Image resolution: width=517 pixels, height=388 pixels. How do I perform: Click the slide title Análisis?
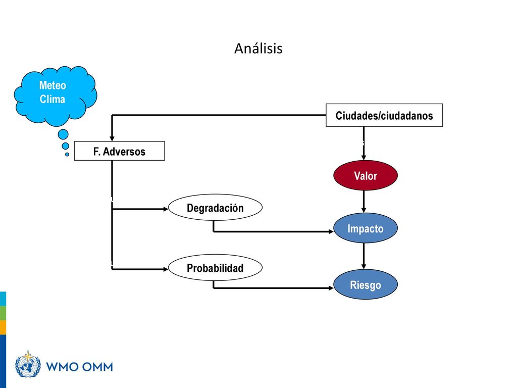pyautogui.click(x=258, y=48)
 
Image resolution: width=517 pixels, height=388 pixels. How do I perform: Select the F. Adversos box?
pyautogui.click(x=119, y=151)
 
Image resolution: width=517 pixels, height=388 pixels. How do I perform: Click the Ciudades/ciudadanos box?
pyautogui.click(x=384, y=115)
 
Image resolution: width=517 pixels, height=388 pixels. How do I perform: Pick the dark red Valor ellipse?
pyautogui.click(x=366, y=175)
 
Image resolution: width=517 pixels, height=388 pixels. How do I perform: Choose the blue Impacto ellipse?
pyautogui.click(x=366, y=228)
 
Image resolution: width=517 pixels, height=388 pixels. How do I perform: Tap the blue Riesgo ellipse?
pyautogui.click(x=366, y=284)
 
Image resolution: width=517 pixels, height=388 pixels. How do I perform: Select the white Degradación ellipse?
pyautogui.click(x=215, y=207)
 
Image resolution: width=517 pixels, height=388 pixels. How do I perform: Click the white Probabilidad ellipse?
pyautogui.click(x=215, y=267)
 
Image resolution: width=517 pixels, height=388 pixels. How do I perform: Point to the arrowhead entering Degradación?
pyautogui.click(x=166, y=209)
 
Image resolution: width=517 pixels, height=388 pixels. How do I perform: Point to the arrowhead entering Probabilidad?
pyautogui.click(x=166, y=269)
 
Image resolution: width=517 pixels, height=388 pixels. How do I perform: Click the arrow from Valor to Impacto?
pyautogui.click(x=364, y=202)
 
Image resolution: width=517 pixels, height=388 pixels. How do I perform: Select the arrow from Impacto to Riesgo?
pyautogui.click(x=364, y=256)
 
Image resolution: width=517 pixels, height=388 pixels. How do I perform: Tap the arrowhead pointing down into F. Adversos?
pyautogui.click(x=112, y=138)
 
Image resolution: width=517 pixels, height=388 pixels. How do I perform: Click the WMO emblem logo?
pyautogui.click(x=28, y=364)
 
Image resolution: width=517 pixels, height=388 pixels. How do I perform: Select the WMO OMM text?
pyautogui.click(x=79, y=367)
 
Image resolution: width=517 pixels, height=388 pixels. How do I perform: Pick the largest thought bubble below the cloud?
pyautogui.click(x=63, y=134)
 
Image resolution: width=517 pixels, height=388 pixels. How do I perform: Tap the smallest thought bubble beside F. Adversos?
pyautogui.click(x=67, y=154)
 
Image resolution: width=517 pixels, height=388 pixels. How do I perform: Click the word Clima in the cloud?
pyautogui.click(x=52, y=99)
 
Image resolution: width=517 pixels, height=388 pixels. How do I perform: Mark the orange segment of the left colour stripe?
pyautogui.click(x=3, y=327)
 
